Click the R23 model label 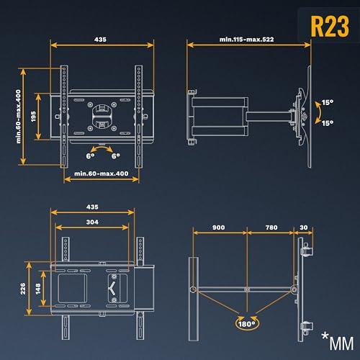[330, 26]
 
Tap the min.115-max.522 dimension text [246, 40]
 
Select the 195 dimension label [33, 117]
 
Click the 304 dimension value [92, 222]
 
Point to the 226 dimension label [23, 289]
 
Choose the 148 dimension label [38, 289]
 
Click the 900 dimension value [219, 228]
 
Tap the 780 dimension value [271, 228]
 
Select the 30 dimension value [304, 228]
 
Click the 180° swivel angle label [246, 324]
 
